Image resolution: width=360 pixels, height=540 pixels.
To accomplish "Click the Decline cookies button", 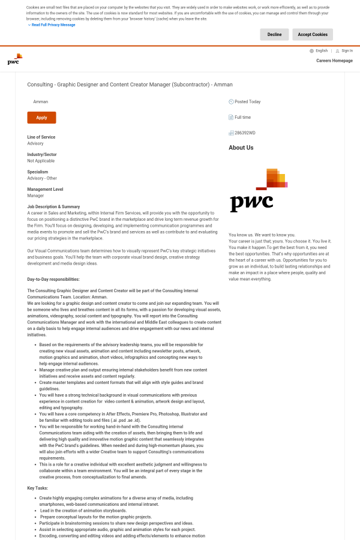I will click(x=274, y=35).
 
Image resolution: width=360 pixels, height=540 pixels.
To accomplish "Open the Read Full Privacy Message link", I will click(x=53, y=25).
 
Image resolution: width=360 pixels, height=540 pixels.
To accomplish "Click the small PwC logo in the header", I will click(x=15, y=59).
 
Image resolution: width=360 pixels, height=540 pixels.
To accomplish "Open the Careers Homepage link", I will click(x=334, y=61).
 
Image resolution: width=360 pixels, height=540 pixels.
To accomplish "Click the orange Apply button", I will click(x=41, y=118).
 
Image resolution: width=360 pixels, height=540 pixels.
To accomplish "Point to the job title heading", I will click(x=130, y=85).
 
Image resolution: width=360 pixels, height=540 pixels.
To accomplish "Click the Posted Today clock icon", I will click(x=231, y=102).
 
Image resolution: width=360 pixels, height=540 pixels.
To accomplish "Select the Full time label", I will click(x=243, y=118).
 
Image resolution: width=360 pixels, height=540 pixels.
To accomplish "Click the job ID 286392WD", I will click(x=245, y=133).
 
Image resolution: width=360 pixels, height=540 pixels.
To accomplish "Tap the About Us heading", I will click(x=241, y=148).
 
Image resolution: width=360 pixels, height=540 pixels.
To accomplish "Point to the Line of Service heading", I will click(x=41, y=137).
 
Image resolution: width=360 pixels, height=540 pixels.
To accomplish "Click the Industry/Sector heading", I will click(x=42, y=155).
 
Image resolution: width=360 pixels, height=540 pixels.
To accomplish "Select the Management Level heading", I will click(x=45, y=190).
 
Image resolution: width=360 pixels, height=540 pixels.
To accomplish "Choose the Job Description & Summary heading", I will click(x=53, y=207).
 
